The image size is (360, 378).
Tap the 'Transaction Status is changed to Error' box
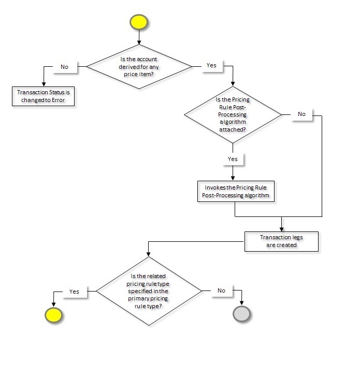tap(44, 96)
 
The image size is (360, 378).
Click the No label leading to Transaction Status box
tap(64, 67)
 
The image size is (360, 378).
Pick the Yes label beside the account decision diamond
tap(211, 66)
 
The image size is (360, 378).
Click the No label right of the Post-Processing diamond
tap(301, 114)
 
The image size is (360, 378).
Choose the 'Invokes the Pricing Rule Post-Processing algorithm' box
tap(236, 192)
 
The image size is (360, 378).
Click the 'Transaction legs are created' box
tap(281, 241)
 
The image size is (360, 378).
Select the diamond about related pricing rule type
tap(149, 291)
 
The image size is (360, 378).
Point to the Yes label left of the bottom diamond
tap(74, 292)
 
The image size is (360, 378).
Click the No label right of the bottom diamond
tap(221, 290)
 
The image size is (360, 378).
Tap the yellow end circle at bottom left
tap(53, 314)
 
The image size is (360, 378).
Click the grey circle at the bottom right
tap(242, 314)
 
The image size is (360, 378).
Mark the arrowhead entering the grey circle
tap(242, 303)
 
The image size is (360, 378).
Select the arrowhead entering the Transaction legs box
tap(281, 229)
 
